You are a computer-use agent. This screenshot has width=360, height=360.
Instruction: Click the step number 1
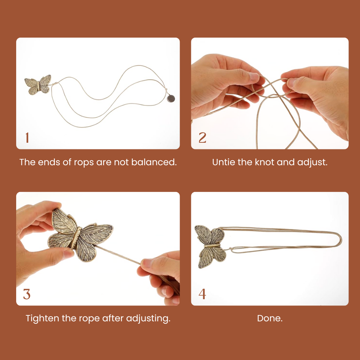[27, 138]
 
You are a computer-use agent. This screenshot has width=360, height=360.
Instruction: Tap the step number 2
[202, 138]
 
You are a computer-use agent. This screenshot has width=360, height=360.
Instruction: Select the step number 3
[27, 294]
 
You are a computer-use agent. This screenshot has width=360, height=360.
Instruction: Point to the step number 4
[202, 294]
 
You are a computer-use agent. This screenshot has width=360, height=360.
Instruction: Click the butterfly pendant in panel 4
[210, 246]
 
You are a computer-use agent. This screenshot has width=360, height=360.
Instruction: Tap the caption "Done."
[270, 319]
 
